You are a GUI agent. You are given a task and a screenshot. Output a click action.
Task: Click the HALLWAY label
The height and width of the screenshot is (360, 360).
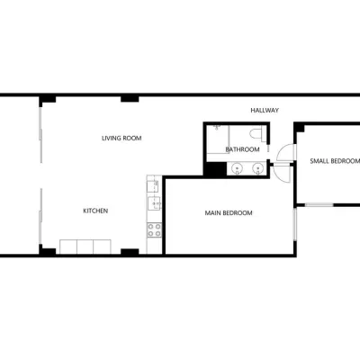tap(265, 111)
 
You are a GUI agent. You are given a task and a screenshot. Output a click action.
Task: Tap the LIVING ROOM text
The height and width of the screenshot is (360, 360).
tap(121, 139)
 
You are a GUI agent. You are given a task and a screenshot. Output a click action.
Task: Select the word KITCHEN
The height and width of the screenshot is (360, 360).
tap(95, 211)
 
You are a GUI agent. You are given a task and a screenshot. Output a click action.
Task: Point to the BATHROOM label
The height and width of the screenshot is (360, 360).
tap(242, 149)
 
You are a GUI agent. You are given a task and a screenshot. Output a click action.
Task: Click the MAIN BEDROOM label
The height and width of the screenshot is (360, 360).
tap(229, 213)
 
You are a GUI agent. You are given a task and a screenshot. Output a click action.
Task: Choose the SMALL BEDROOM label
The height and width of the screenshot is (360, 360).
tap(335, 161)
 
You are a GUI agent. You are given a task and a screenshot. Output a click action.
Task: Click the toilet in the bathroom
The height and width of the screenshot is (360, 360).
tap(257, 133)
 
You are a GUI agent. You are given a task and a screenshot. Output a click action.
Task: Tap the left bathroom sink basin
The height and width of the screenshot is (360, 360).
tap(238, 168)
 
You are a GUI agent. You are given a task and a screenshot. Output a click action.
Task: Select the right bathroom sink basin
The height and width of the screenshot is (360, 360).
tap(257, 168)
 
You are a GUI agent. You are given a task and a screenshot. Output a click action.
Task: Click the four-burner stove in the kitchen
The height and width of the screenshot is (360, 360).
tap(154, 229)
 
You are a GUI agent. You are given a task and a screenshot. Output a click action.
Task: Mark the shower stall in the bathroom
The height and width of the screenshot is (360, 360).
tap(218, 139)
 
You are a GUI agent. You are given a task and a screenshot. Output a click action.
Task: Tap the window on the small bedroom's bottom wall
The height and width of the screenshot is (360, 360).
tap(319, 205)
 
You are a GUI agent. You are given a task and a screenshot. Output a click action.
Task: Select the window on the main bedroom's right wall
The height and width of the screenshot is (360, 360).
tap(295, 224)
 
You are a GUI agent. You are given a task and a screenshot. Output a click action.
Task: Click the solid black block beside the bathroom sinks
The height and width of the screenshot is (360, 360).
tap(215, 169)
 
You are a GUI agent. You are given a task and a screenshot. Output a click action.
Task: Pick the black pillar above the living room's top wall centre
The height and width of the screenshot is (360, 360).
tap(130, 99)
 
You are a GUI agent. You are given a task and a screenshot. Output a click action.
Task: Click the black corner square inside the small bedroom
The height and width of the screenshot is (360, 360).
tap(300, 128)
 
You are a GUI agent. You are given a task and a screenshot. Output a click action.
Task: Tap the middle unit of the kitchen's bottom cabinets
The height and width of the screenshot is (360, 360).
tap(85, 247)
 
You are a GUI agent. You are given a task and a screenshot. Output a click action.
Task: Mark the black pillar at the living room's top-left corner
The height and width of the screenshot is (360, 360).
tap(48, 99)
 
